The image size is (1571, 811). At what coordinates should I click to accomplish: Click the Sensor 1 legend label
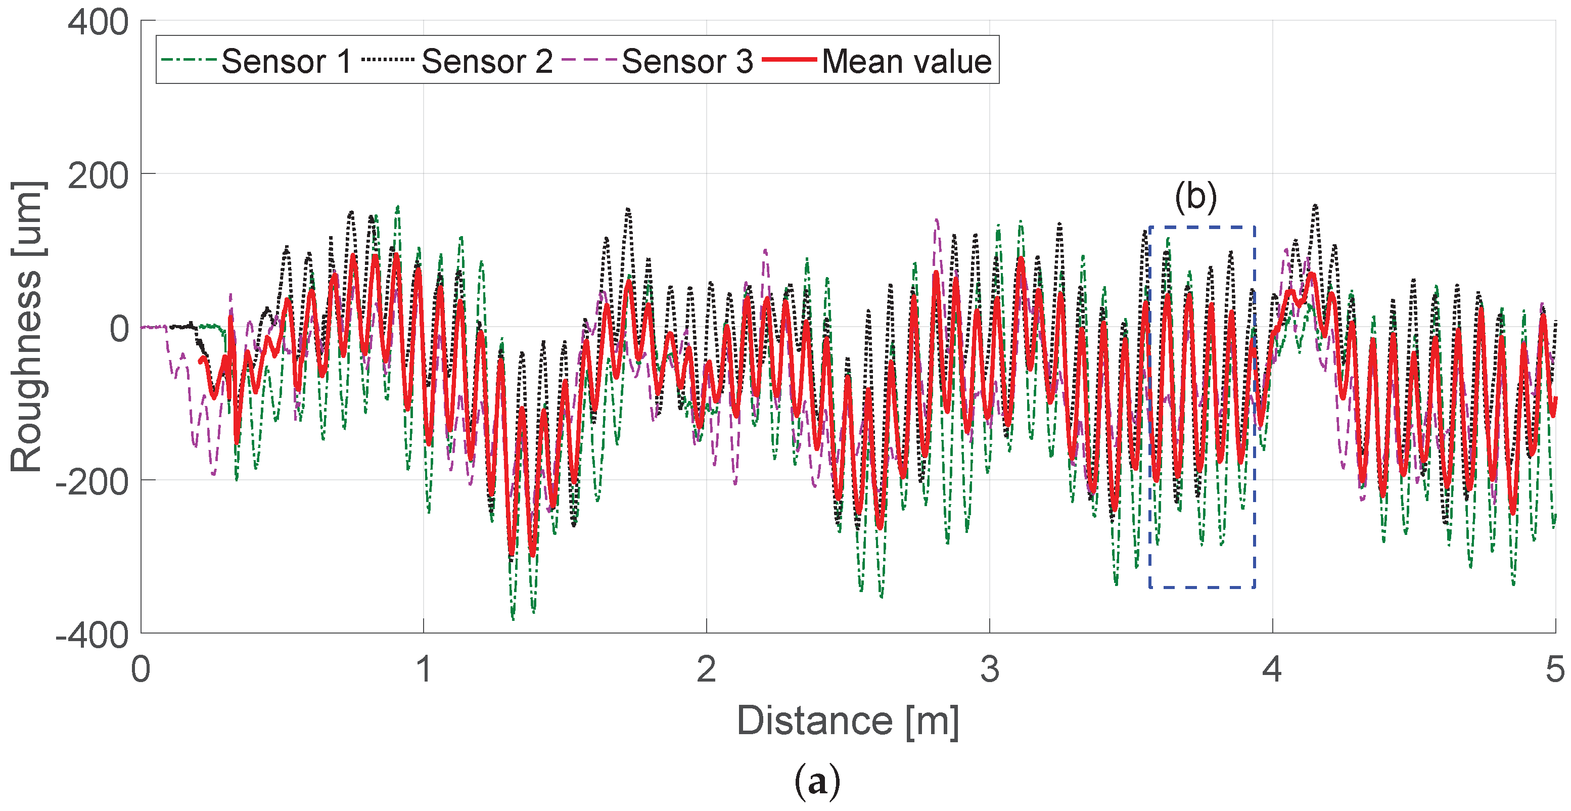pyautogui.click(x=287, y=61)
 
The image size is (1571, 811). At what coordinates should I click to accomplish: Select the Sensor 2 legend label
pyautogui.click(x=487, y=61)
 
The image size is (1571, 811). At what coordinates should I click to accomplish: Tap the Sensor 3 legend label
pyautogui.click(x=687, y=61)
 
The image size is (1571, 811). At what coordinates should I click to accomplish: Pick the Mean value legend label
pyautogui.click(x=906, y=61)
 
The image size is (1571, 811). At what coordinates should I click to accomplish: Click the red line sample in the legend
pyautogui.click(x=789, y=60)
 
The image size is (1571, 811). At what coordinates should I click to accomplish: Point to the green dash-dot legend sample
pyautogui.click(x=189, y=60)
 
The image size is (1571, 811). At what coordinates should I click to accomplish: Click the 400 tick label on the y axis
pyautogui.click(x=98, y=23)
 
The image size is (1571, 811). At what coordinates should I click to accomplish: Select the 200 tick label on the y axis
pyautogui.click(x=98, y=176)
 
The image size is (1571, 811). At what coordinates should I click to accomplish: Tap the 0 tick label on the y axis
pyautogui.click(x=119, y=329)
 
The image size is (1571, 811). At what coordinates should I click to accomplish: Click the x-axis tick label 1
pyautogui.click(x=424, y=669)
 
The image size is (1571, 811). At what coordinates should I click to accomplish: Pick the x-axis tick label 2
pyautogui.click(x=706, y=669)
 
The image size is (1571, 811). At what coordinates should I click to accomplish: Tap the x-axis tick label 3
pyautogui.click(x=989, y=669)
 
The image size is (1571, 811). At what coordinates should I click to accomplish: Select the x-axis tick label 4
pyautogui.click(x=1272, y=669)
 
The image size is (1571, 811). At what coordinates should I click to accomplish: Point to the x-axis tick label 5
pyautogui.click(x=1554, y=669)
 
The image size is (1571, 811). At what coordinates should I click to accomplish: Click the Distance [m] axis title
pyautogui.click(x=848, y=720)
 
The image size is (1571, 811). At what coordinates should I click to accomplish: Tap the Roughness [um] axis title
pyautogui.click(x=27, y=327)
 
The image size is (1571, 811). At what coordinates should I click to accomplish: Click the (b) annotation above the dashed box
pyautogui.click(x=1195, y=197)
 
